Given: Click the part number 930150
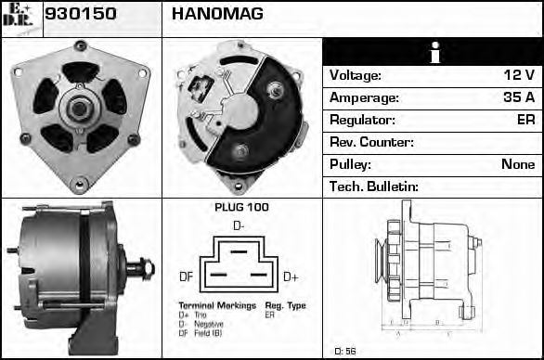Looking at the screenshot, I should click(x=78, y=14).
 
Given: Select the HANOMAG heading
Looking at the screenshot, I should click(x=217, y=14).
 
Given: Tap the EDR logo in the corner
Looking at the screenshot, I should click(x=20, y=17).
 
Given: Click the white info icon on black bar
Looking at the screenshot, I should click(x=433, y=53).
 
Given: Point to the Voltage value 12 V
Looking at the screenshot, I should click(x=517, y=75).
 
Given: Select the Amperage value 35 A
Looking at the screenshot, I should click(x=517, y=97).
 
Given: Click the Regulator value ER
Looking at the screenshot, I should click(x=525, y=120).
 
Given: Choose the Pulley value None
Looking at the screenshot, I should click(x=517, y=164).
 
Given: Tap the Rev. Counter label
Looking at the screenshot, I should click(x=371, y=142).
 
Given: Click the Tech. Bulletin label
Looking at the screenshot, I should click(x=374, y=186).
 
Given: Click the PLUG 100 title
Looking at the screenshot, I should click(x=241, y=207).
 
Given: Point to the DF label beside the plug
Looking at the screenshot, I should click(x=186, y=276).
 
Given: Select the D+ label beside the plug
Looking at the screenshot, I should click(x=291, y=276).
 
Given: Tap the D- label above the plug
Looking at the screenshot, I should click(x=239, y=225).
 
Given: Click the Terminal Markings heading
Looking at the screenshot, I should click(x=215, y=305).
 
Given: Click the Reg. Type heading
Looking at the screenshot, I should click(x=285, y=305).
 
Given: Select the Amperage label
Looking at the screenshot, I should click(x=364, y=97).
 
